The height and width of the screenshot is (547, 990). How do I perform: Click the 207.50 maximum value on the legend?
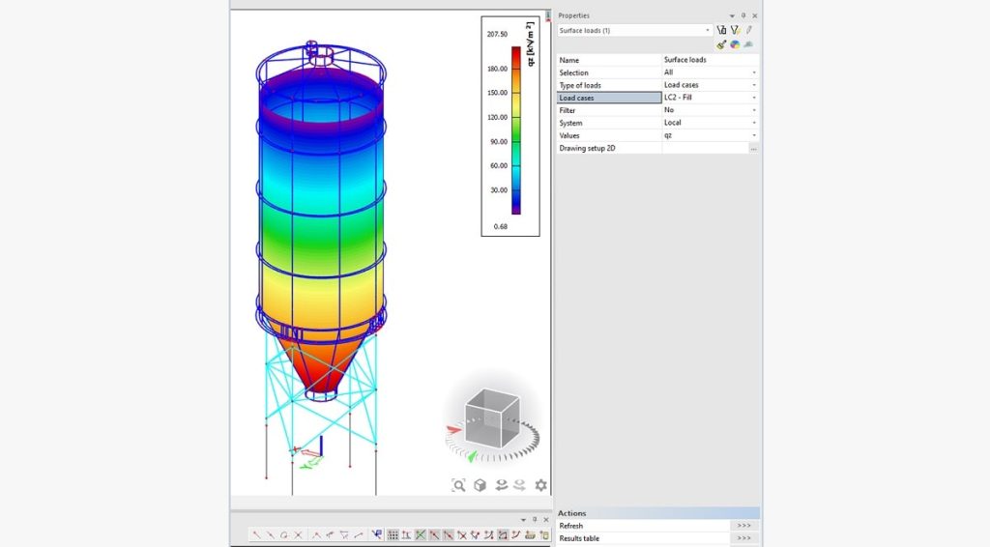coord(497,34)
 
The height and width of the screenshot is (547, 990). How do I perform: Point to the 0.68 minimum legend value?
coord(501,226)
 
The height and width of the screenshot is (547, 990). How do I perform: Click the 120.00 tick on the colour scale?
coord(498,117)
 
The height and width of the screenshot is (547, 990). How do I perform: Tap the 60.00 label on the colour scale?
coord(499,166)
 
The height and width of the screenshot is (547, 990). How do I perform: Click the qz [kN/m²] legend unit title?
coord(531,44)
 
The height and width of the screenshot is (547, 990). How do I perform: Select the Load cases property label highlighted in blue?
coord(576,98)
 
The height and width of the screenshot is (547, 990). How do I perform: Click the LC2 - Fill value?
coord(678,98)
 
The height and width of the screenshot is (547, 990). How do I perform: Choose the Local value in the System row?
coord(673,123)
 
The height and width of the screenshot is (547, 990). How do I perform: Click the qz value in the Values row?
coord(668,135)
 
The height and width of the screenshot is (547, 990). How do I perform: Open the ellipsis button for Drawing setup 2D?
coord(753,148)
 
